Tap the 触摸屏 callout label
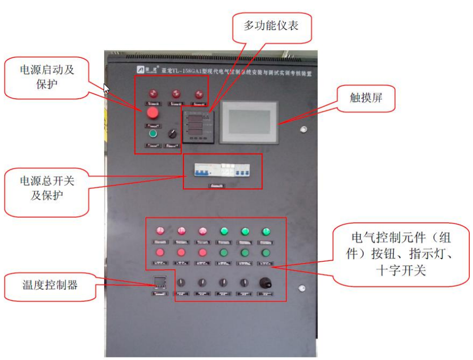coord(366,98)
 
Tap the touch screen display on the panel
coord(249,121)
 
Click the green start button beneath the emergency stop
coord(153,133)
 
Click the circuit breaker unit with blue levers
coord(222,170)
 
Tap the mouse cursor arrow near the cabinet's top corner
coord(106,88)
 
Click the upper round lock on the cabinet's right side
coord(303,129)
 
